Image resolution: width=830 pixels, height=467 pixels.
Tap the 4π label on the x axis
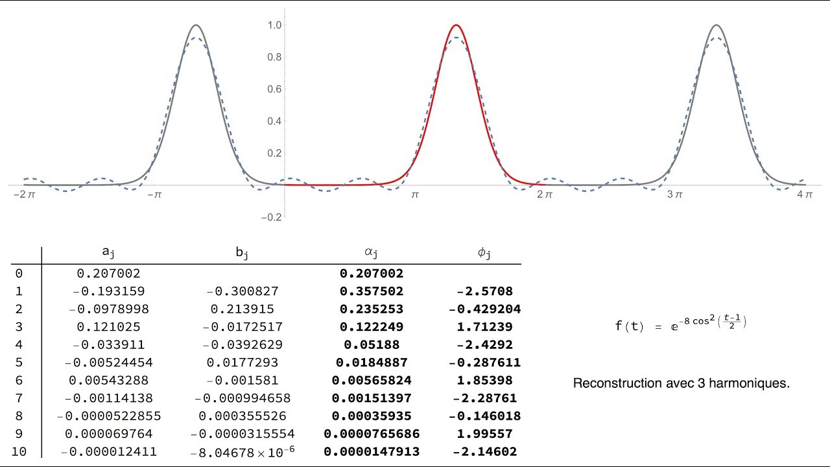804,194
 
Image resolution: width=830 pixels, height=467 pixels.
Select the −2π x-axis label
23,194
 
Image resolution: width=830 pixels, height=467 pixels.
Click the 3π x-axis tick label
675,194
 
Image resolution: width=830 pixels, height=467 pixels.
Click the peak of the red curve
456,25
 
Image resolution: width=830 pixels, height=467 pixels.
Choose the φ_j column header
484,253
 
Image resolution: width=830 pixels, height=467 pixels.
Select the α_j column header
372,253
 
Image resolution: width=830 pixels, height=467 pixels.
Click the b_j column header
242,253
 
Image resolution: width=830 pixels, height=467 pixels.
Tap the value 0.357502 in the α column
372,292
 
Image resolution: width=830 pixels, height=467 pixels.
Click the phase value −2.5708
484,292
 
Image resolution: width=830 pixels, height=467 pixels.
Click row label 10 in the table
19,451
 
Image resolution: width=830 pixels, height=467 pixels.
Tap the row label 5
18,363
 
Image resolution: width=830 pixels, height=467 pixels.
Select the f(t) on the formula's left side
630,326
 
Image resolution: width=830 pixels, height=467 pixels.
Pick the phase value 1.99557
484,434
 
